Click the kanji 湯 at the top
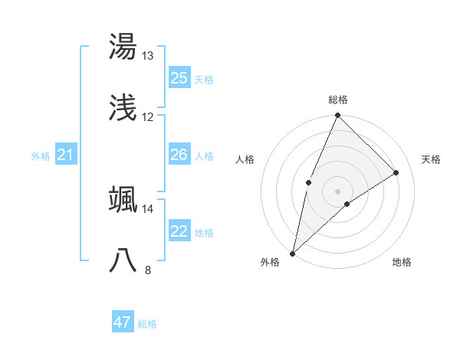click(x=123, y=47)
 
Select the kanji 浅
click(x=123, y=110)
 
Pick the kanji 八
click(x=123, y=261)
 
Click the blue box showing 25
click(x=179, y=78)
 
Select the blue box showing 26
click(x=179, y=155)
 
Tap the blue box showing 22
click(x=179, y=232)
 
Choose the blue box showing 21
click(x=65, y=155)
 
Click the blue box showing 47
click(x=123, y=322)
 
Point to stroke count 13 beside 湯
click(x=147, y=56)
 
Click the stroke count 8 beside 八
click(x=147, y=270)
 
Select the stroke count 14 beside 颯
click(x=147, y=208)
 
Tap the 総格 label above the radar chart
click(x=338, y=100)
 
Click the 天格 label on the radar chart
click(x=432, y=159)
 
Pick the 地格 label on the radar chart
click(x=402, y=262)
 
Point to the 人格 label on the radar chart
click(x=245, y=159)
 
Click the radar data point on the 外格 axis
click(x=293, y=253)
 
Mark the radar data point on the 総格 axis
click(x=337, y=116)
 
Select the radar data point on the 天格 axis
click(x=396, y=173)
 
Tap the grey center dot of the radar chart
click(x=337, y=191)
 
